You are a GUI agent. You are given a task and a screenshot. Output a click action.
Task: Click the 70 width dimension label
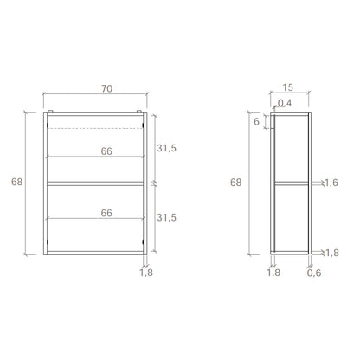[106, 88]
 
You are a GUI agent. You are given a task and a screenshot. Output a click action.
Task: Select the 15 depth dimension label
[287, 87]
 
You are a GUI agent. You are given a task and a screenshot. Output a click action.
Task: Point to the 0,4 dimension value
[285, 103]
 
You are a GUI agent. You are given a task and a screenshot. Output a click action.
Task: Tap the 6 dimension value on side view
[256, 122]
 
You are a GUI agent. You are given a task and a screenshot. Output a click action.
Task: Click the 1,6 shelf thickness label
[331, 183]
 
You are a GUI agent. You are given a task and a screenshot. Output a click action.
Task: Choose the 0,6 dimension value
[314, 273]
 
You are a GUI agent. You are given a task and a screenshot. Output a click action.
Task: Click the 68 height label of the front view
[16, 182]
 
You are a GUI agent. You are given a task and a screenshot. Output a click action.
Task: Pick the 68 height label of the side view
[235, 183]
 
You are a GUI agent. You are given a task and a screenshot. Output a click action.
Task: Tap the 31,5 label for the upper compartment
[166, 148]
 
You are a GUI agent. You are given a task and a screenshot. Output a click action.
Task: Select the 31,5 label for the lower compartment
[166, 217]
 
